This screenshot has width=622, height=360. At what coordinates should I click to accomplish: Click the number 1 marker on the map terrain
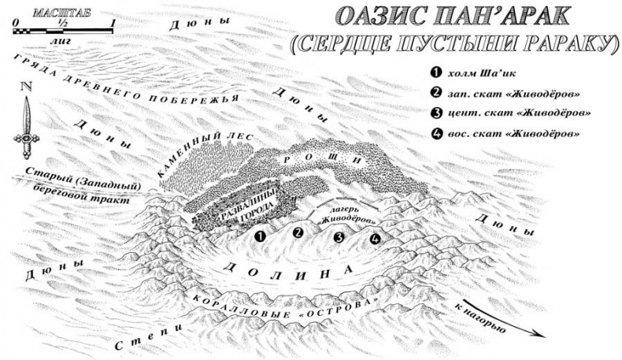pos(261,235)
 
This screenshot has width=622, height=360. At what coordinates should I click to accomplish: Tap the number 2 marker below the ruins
pos(298,232)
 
